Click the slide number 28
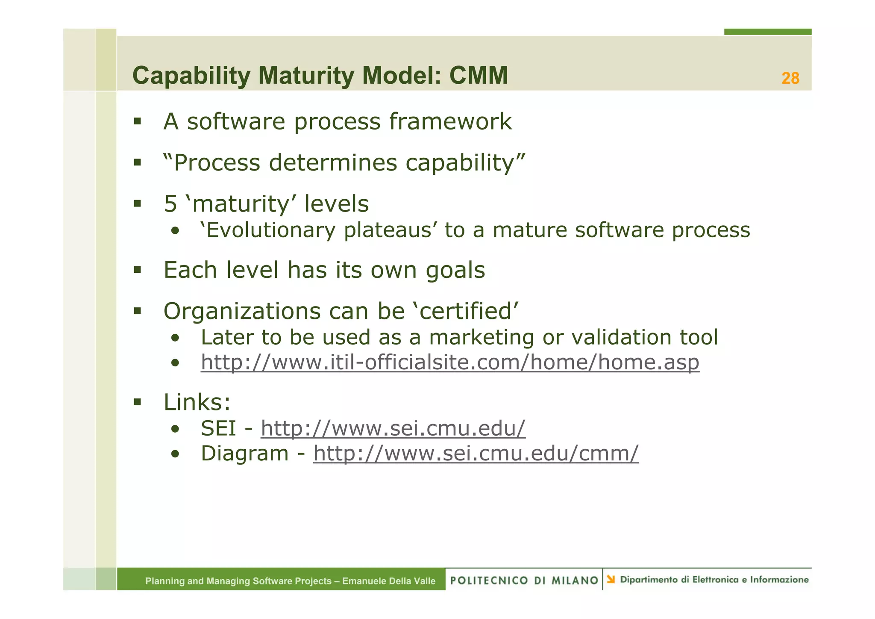click(x=790, y=78)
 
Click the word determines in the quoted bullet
click(x=333, y=162)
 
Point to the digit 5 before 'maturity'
click(x=170, y=204)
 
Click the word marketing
click(x=482, y=337)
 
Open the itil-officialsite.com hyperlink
click(x=449, y=363)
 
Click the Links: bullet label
click(x=197, y=402)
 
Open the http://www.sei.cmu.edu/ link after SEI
click(x=393, y=428)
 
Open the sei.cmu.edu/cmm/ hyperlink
click(x=476, y=454)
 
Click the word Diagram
click(x=244, y=454)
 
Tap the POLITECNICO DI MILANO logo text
click(x=524, y=580)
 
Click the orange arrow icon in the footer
click(x=611, y=579)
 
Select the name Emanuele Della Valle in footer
click(x=388, y=581)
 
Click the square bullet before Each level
click(x=137, y=270)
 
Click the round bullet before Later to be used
click(x=175, y=338)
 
